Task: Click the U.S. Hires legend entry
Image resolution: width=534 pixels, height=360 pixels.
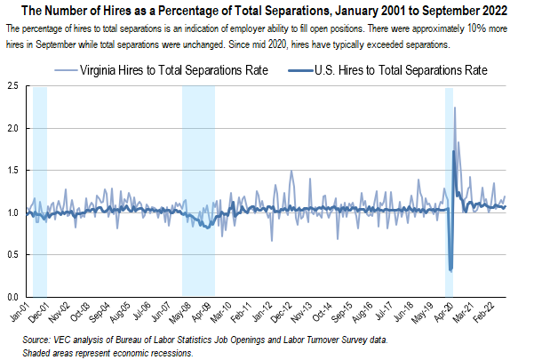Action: (391, 69)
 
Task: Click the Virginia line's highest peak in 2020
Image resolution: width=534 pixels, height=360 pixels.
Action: (455, 108)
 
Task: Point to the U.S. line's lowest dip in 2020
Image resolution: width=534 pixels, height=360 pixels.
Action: (451, 270)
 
